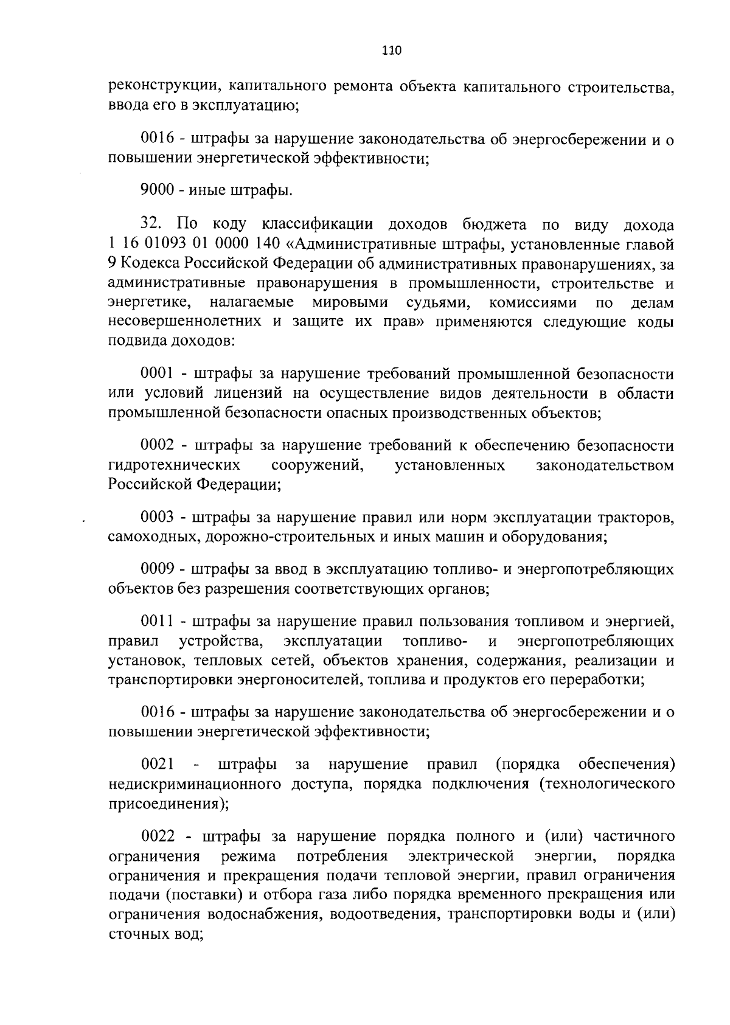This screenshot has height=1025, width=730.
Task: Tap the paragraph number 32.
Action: (151, 224)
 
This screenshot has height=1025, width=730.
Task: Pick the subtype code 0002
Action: (158, 446)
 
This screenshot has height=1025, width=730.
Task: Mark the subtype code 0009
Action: (158, 569)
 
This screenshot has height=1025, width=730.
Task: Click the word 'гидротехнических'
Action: (173, 466)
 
